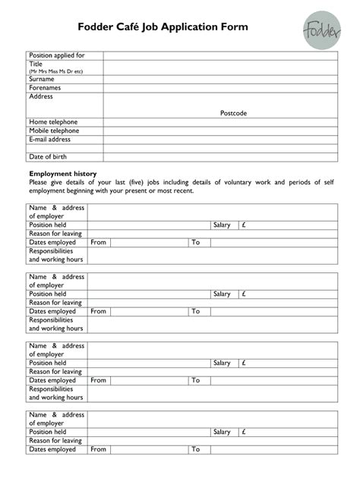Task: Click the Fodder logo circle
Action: click(x=322, y=30)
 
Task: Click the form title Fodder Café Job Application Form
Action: click(x=163, y=27)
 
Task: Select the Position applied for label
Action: click(x=57, y=55)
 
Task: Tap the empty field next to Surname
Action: click(x=220, y=79)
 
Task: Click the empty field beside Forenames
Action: click(x=220, y=88)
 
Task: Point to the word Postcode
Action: click(x=233, y=113)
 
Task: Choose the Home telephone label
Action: click(x=53, y=122)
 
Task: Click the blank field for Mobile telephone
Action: click(x=220, y=131)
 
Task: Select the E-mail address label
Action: click(x=49, y=140)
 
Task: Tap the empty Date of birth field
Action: click(x=220, y=157)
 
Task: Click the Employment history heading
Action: click(x=62, y=174)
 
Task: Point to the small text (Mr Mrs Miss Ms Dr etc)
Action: click(x=55, y=71)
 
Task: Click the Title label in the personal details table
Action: click(x=36, y=64)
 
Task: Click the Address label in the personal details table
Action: click(x=41, y=97)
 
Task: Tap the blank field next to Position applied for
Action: click(x=220, y=55)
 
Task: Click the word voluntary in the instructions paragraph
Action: click(x=241, y=182)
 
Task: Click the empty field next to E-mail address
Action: click(x=220, y=140)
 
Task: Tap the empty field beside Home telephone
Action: click(x=220, y=122)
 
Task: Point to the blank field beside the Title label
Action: click(x=220, y=68)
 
